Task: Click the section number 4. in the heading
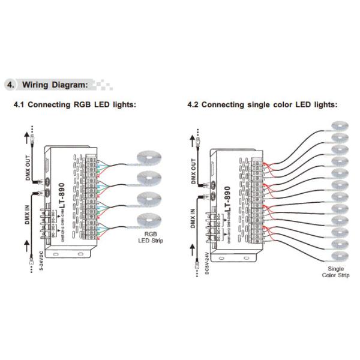click(x=10, y=84)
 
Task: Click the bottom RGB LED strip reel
click(x=149, y=219)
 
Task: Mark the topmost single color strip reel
click(x=340, y=125)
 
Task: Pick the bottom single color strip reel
click(x=340, y=256)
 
